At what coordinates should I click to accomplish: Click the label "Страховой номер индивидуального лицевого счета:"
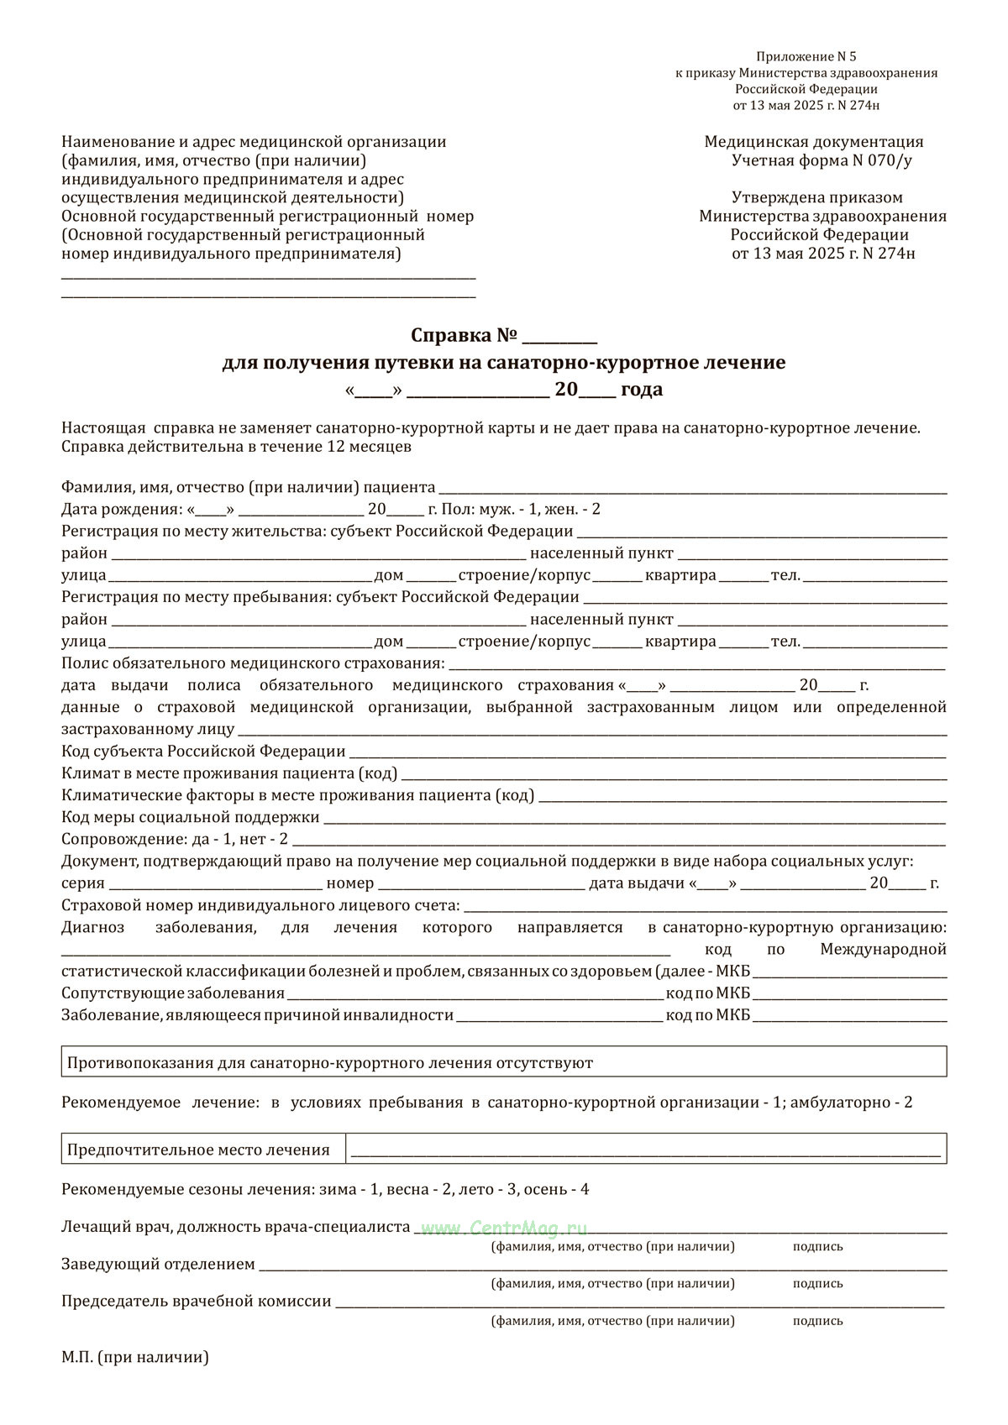[x=260, y=905]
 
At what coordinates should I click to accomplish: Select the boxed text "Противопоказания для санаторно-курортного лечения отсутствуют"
[x=330, y=1063]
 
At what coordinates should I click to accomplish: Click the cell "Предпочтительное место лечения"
[x=199, y=1150]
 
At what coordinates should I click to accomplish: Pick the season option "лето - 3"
[x=479, y=1190]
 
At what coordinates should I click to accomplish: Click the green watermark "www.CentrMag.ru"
[x=504, y=1228]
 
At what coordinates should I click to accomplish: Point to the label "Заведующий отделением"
[x=158, y=1264]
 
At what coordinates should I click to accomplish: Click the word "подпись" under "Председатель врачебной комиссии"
[x=817, y=1321]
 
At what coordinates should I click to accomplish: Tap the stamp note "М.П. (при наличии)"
[x=134, y=1357]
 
